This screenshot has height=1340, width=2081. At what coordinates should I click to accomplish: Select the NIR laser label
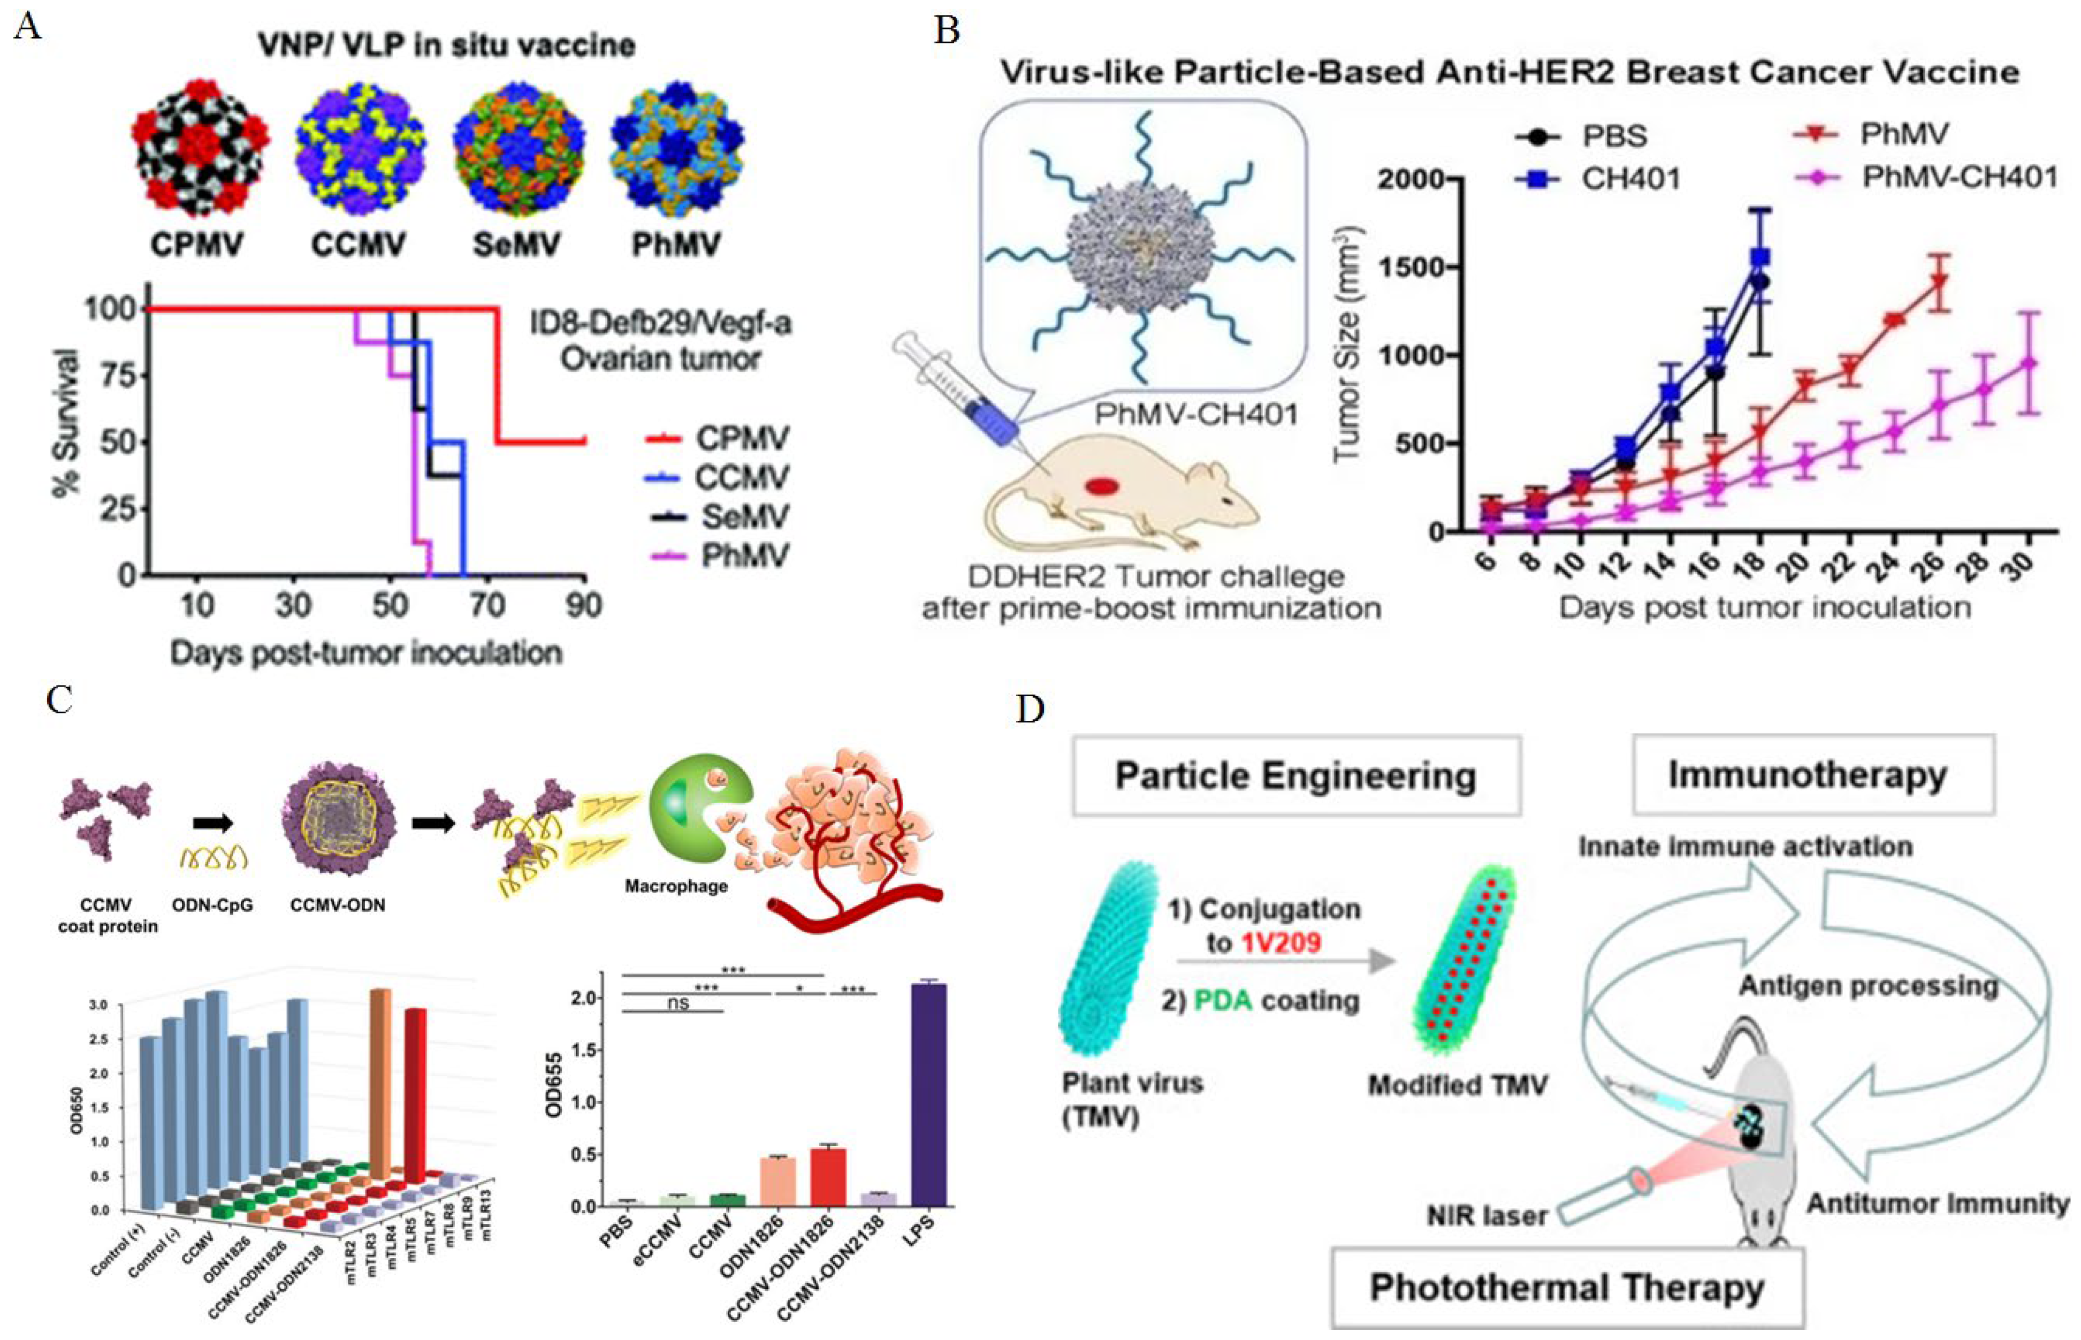[1487, 1215]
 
